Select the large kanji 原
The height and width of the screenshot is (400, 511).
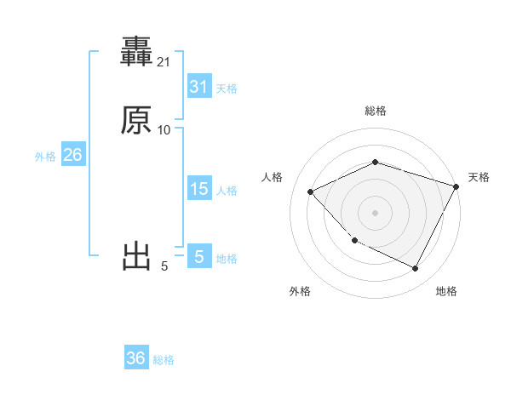[x=137, y=121]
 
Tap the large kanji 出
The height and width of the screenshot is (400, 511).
[x=137, y=256]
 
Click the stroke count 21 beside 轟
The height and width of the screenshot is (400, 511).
[x=164, y=62]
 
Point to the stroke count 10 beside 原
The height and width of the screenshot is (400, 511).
[x=164, y=129]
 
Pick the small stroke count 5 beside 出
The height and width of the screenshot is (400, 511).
[x=164, y=266]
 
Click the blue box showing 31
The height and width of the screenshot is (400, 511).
[x=198, y=87]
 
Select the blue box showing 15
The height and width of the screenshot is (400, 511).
[x=198, y=189]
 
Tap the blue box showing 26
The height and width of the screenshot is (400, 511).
[x=72, y=155]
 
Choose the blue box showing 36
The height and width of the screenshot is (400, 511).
[x=136, y=358]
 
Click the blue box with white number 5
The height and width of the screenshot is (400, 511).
[x=198, y=256]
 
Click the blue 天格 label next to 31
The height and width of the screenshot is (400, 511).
[x=227, y=89]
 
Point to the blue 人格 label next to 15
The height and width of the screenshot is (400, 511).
[x=227, y=191]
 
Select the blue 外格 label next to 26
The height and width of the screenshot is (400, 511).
[x=45, y=157]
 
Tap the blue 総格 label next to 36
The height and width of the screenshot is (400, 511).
[x=164, y=360]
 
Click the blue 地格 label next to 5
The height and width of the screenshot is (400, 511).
[x=227, y=259]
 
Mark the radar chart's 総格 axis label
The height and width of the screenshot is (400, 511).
[x=375, y=111]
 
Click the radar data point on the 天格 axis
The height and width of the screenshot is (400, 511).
[x=456, y=186]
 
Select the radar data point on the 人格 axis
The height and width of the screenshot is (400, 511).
[x=311, y=192]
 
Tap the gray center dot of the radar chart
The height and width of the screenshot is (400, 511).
[x=375, y=213]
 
